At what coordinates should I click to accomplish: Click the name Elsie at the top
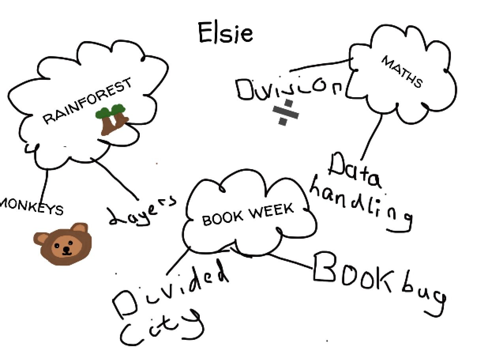coord(226,33)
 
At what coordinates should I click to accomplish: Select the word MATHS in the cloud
coord(402,72)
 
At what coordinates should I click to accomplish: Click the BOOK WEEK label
coord(248,214)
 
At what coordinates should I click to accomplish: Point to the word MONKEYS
coord(31,207)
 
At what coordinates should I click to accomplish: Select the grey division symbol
coord(285,112)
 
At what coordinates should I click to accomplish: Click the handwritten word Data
coord(354,171)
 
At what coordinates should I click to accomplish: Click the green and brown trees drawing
coord(112,120)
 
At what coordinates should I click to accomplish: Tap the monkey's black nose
coord(66,249)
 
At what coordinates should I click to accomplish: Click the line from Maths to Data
coord(372,136)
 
